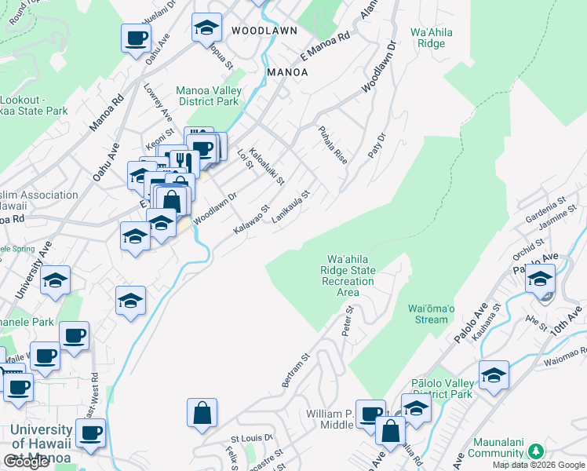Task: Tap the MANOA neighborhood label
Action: point(287,71)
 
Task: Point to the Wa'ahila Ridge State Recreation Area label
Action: point(351,276)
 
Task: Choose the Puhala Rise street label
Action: point(332,144)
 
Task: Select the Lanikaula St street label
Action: point(292,206)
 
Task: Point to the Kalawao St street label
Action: point(251,220)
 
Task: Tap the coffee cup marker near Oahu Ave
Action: point(136,37)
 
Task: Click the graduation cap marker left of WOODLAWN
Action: point(206,28)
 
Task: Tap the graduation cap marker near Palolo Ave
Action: point(540,278)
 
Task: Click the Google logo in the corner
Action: point(26,462)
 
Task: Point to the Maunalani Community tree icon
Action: point(536,451)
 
